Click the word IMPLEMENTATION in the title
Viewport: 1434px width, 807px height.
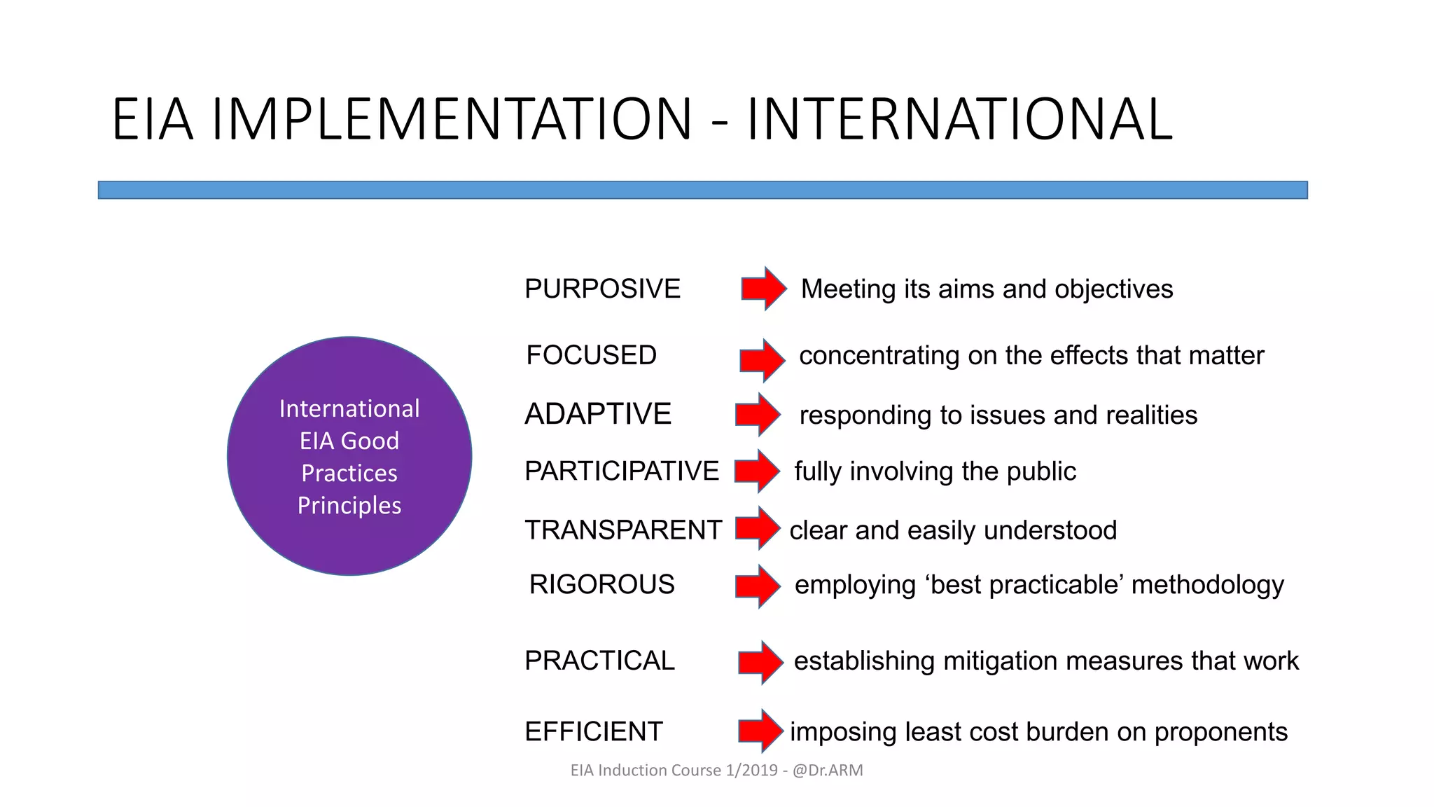click(x=452, y=120)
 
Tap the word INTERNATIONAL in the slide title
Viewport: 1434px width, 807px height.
click(x=959, y=120)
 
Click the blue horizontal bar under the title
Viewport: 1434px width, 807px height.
click(x=702, y=190)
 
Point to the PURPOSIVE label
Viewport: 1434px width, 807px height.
click(x=602, y=289)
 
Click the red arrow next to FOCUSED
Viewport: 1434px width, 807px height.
click(x=763, y=360)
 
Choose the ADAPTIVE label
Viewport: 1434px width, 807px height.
click(x=598, y=414)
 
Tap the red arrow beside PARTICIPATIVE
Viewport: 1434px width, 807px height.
click(x=758, y=471)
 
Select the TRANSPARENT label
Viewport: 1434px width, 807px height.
click(x=623, y=530)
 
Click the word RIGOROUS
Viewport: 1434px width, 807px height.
click(x=601, y=584)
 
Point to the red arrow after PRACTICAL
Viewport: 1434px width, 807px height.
click(x=760, y=661)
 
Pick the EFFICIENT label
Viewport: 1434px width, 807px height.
click(x=593, y=732)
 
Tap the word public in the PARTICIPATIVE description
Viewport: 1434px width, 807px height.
click(x=1040, y=471)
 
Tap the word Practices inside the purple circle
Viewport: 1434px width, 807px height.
click(x=349, y=474)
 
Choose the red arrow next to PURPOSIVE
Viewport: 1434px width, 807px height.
click(x=764, y=288)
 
